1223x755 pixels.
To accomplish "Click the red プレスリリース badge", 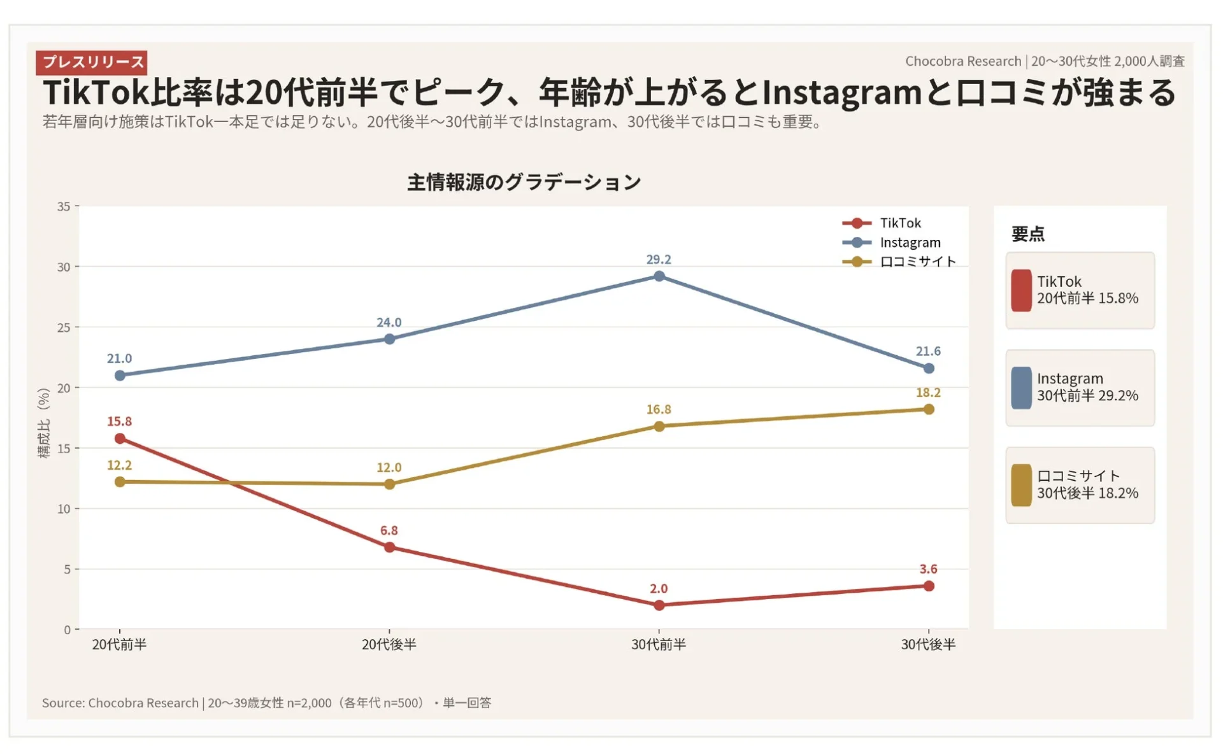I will pos(92,62).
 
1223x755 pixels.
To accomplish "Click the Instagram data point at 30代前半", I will pos(659,276).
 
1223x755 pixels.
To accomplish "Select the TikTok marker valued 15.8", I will pos(120,439).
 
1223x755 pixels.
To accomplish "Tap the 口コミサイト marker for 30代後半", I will pos(929,409).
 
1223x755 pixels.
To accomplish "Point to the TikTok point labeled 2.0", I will pos(659,605).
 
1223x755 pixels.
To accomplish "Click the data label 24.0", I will pos(389,323).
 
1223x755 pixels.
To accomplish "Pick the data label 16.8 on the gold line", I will pos(659,409).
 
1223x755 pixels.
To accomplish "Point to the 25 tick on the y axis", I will pos(64,328).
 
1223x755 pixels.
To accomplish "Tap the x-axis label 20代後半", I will pos(389,645).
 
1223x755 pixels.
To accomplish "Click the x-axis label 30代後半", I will pos(928,645).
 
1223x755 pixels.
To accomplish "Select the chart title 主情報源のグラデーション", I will pos(524,183).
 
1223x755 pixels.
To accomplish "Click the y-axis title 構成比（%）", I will pos(43,423).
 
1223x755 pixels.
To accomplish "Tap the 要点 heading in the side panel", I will pos(1027,234).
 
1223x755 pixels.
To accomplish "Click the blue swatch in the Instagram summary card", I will pos(1021,388).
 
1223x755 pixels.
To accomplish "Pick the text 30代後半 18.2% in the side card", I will pos(1087,493).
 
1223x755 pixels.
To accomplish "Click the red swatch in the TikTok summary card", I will pos(1021,290).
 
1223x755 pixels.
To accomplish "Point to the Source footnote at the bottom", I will pos(266,703).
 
